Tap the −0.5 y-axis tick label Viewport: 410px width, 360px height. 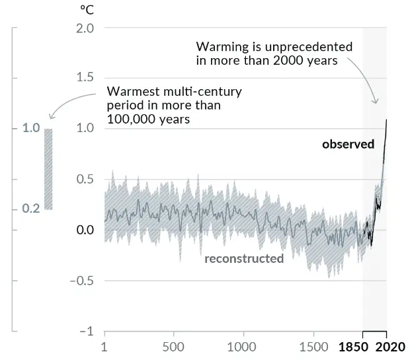click(83, 280)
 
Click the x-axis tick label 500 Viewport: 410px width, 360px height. click(173, 347)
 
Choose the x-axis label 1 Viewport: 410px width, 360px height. click(104, 347)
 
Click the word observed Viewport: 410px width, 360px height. click(348, 144)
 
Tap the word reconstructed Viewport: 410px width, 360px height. click(244, 258)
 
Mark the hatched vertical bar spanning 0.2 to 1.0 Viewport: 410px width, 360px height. click(48, 168)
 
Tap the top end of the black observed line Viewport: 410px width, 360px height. click(386, 120)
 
